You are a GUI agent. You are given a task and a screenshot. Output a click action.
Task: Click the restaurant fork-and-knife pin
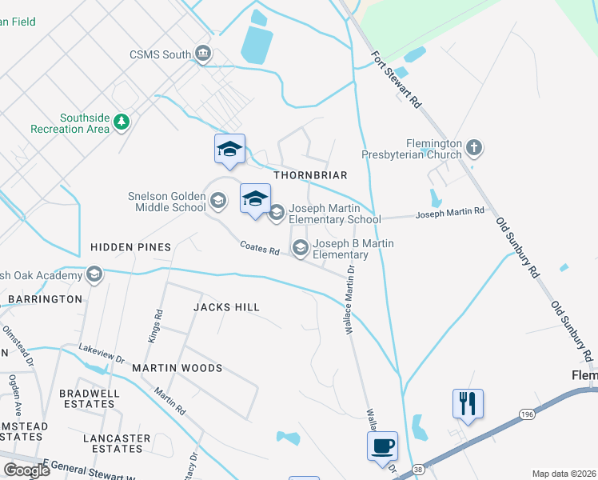pyautogui.click(x=468, y=402)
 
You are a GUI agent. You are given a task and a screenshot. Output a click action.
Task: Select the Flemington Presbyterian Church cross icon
pyautogui.click(x=474, y=147)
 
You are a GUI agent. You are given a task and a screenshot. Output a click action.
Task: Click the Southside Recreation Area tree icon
pyautogui.click(x=121, y=122)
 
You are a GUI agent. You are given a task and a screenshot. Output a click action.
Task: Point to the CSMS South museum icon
pyautogui.click(x=203, y=54)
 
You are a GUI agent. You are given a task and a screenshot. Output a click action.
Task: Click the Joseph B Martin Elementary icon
pyautogui.click(x=301, y=248)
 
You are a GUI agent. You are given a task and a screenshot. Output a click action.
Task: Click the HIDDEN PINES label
pyautogui.click(x=131, y=247)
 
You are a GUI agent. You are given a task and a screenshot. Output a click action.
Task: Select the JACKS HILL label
pyautogui.click(x=227, y=307)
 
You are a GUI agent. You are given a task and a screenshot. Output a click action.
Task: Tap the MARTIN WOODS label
pyautogui.click(x=177, y=368)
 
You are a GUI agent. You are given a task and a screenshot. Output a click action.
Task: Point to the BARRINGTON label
pyautogui.click(x=45, y=299)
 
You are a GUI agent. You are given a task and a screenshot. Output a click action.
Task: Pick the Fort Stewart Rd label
pyautogui.click(x=397, y=80)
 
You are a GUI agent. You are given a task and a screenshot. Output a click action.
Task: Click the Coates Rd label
pyautogui.click(x=260, y=250)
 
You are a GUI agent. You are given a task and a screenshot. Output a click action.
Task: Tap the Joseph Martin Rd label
pyautogui.click(x=450, y=212)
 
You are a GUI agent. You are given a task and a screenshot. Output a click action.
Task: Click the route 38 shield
pyautogui.click(x=419, y=469)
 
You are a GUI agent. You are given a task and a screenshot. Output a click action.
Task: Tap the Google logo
pyautogui.click(x=26, y=470)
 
